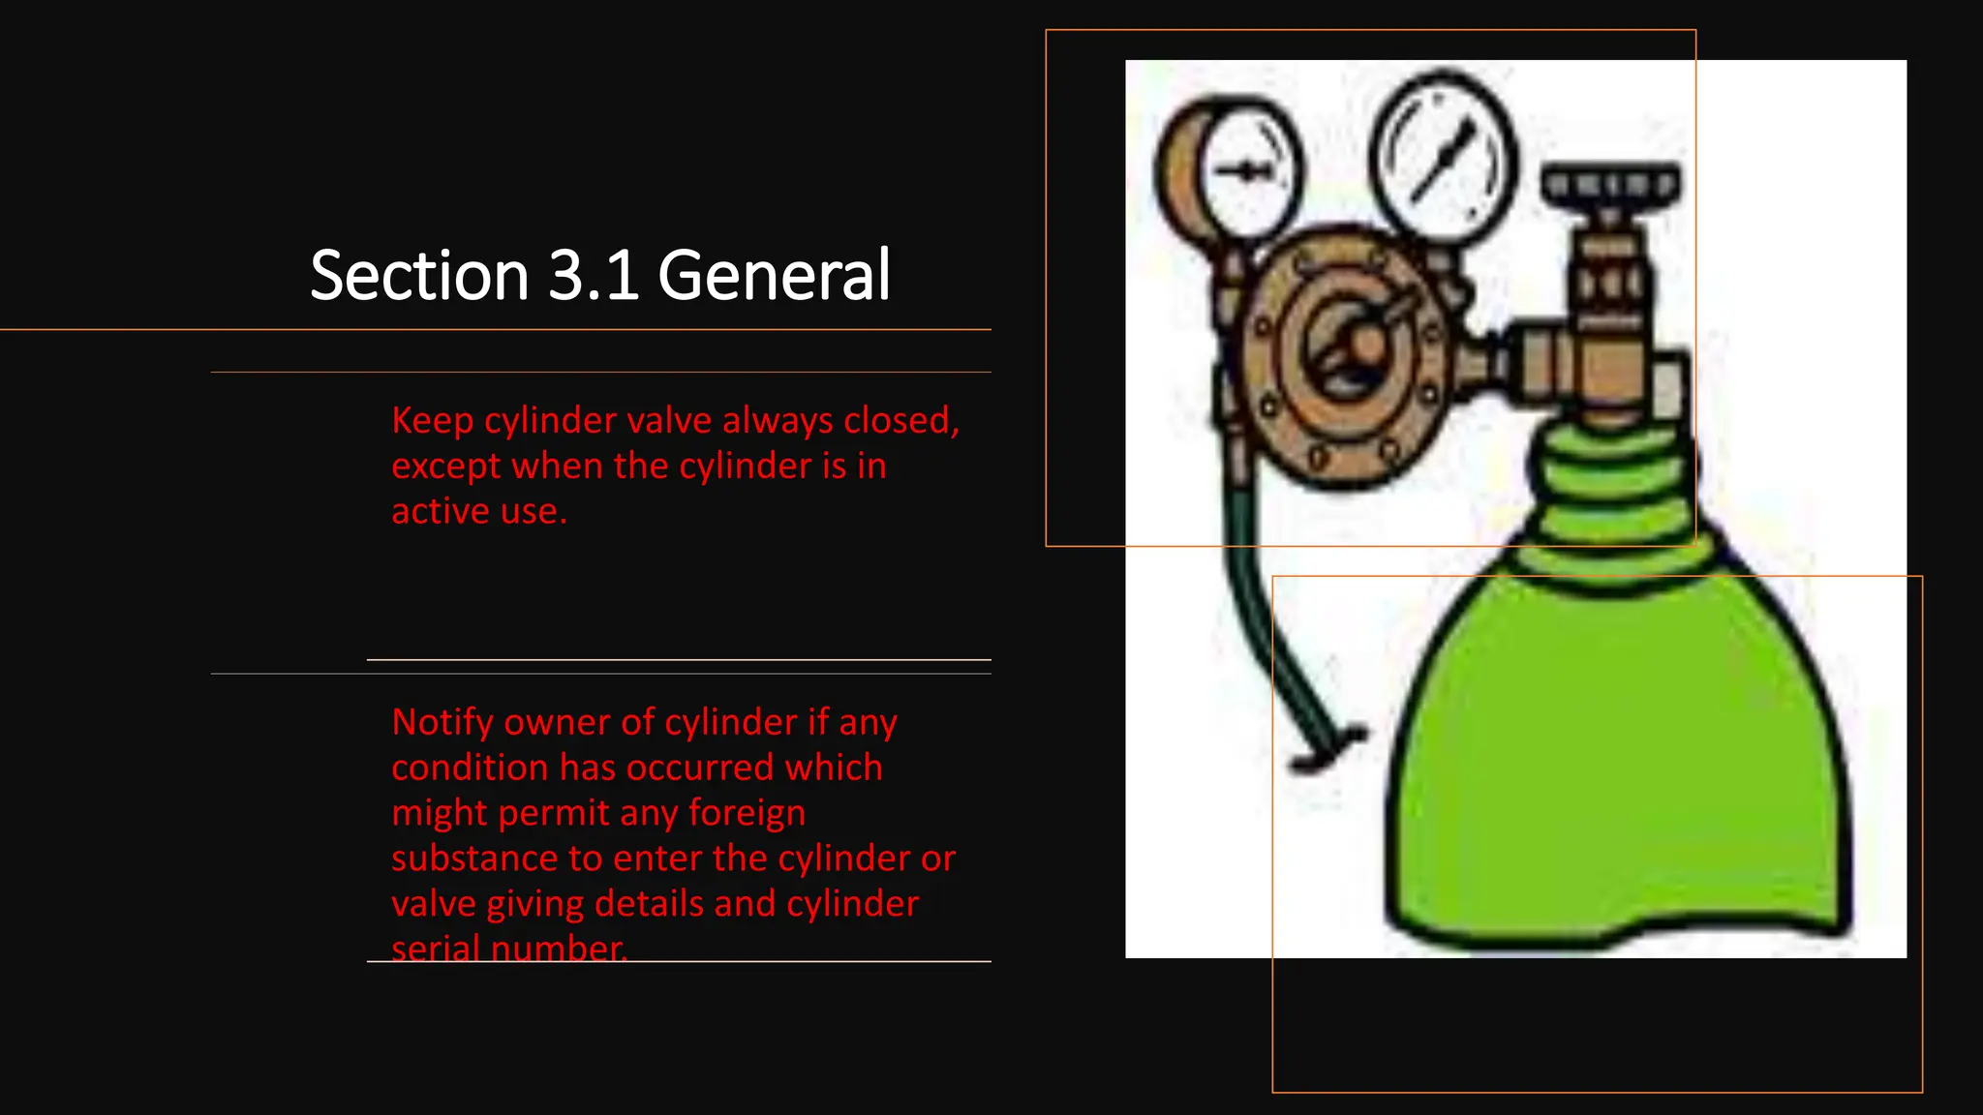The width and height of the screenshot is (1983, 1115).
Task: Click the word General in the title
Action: (x=774, y=276)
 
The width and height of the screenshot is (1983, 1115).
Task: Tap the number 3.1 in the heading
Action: (x=594, y=276)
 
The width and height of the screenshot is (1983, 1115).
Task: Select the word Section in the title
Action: (x=419, y=276)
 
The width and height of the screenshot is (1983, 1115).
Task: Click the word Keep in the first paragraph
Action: (x=432, y=421)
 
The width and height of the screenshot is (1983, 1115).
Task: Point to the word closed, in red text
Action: (x=901, y=421)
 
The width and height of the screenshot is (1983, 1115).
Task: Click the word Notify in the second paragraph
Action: (x=442, y=723)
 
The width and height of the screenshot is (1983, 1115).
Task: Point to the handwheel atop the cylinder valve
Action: (x=1610, y=185)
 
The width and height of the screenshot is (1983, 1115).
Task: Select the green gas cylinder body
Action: (x=1617, y=765)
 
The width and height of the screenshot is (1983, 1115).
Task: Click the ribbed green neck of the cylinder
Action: (x=1612, y=494)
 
